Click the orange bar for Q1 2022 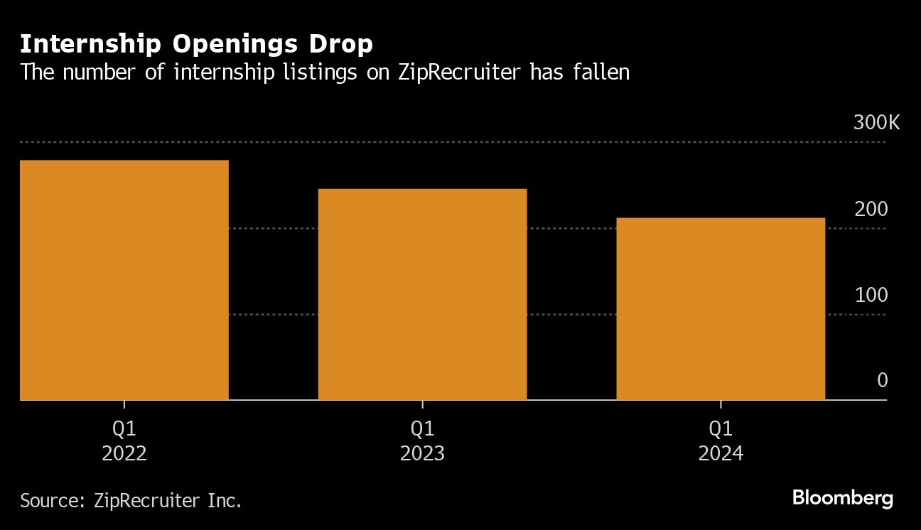(124, 280)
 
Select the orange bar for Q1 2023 (422, 294)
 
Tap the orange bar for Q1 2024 (721, 308)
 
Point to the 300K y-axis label (876, 123)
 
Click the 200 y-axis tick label (871, 210)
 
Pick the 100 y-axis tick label (871, 296)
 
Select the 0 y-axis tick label (882, 381)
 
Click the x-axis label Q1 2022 (124, 440)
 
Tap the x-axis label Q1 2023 (422, 440)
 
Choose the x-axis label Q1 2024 (721, 440)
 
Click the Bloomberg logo (842, 498)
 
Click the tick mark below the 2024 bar (721, 404)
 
